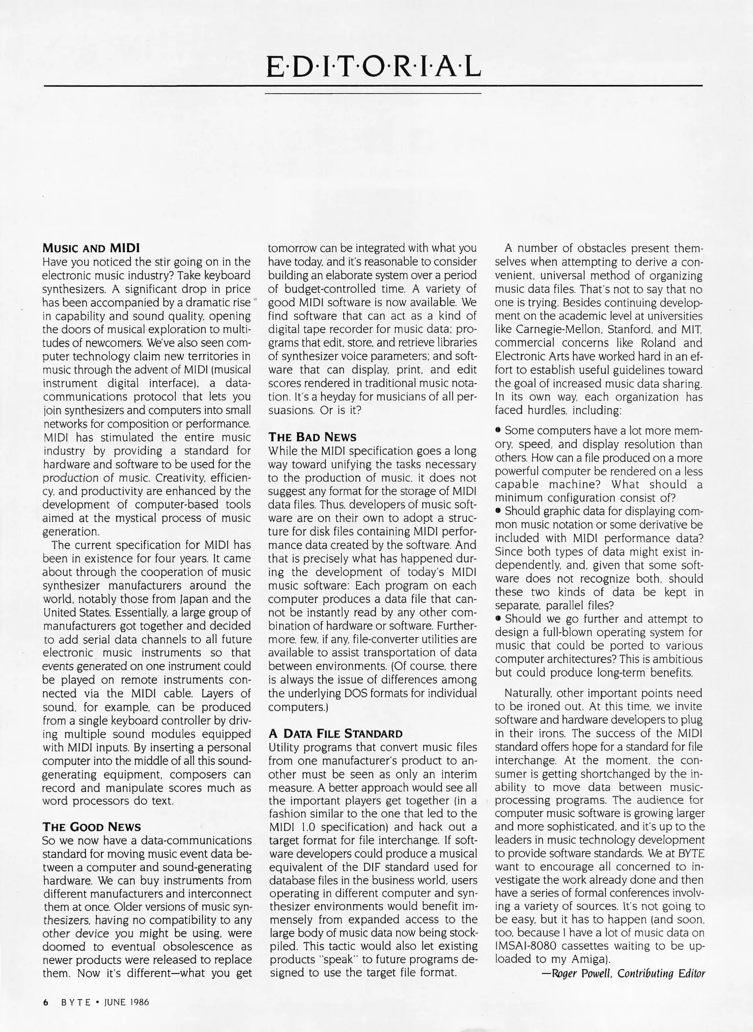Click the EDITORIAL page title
click(373, 67)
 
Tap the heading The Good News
click(92, 827)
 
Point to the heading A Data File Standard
click(335, 733)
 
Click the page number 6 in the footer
click(46, 1002)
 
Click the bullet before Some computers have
click(498, 430)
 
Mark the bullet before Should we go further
click(498, 619)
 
